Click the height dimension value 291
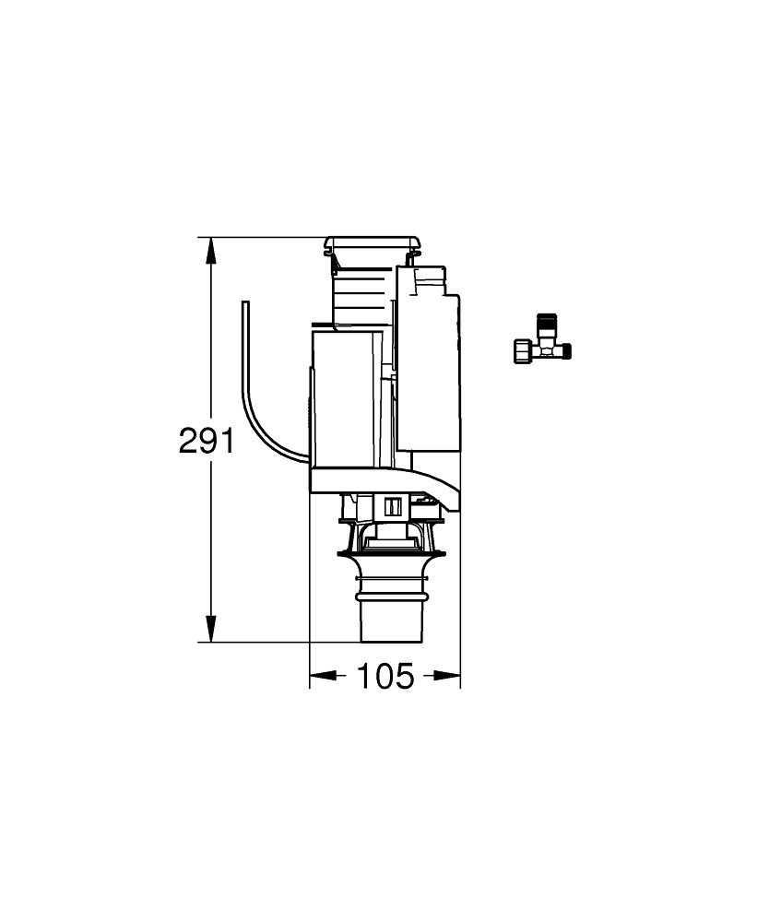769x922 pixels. pyautogui.click(x=207, y=441)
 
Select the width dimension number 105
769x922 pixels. pyautogui.click(x=385, y=676)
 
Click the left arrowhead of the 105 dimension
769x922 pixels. pyautogui.click(x=324, y=676)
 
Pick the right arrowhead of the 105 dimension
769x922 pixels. pyautogui.click(x=447, y=676)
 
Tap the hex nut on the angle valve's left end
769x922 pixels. pyautogui.click(x=522, y=351)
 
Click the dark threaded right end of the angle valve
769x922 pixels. pyautogui.click(x=566, y=351)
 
